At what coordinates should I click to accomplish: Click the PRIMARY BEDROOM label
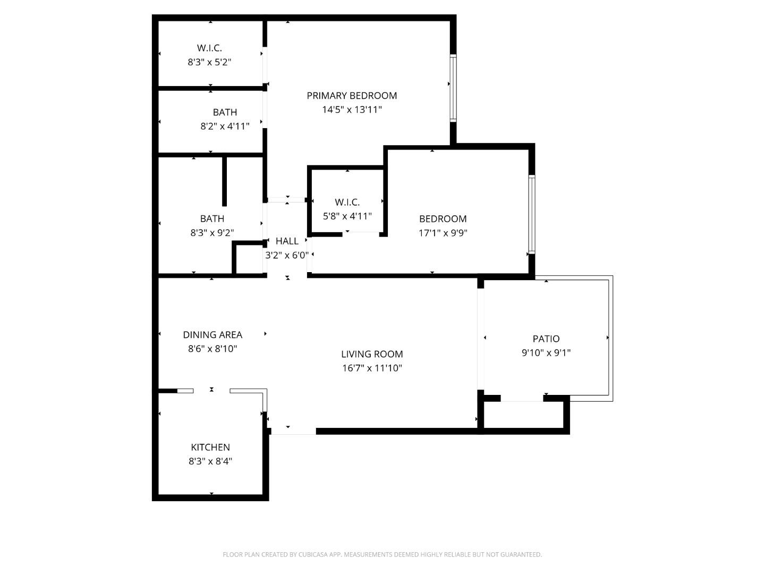[352, 96]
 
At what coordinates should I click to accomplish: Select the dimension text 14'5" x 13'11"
[352, 110]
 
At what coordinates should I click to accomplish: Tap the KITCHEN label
[210, 448]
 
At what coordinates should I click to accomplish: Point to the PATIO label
[546, 339]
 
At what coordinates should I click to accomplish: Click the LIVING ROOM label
[372, 354]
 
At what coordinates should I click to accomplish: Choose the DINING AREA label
[212, 335]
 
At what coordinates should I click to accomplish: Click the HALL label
[287, 241]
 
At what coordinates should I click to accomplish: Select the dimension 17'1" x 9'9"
[443, 233]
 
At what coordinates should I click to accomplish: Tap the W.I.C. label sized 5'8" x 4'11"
[347, 202]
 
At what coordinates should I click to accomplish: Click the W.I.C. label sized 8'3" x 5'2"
[209, 48]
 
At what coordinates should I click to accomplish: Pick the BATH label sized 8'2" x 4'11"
[225, 112]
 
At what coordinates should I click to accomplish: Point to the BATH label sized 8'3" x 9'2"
[212, 218]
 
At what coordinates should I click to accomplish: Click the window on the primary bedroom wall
[453, 88]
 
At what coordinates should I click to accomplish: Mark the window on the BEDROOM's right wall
[531, 214]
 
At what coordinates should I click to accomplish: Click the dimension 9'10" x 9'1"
[546, 352]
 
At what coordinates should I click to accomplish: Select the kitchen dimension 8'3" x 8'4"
[210, 461]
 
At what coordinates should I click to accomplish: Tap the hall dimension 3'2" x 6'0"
[287, 255]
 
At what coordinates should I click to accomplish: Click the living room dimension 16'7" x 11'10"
[372, 368]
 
